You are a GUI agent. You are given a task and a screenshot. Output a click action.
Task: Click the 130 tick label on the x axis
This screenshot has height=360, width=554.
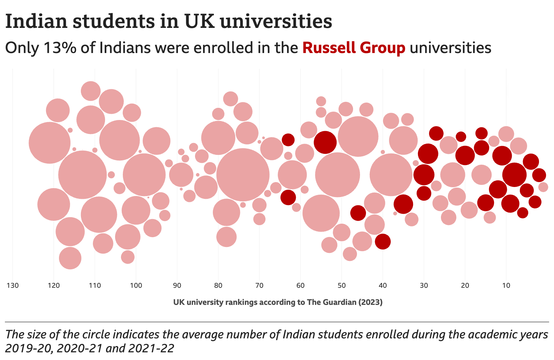click(x=13, y=285)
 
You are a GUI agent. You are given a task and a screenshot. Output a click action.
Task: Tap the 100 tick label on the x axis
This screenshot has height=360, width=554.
click(x=136, y=285)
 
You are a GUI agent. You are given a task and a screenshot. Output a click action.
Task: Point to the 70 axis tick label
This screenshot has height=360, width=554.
click(x=259, y=285)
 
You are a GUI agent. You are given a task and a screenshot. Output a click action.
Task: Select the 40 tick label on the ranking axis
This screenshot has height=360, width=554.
click(x=383, y=285)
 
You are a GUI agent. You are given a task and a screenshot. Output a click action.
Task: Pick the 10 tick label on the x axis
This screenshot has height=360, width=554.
click(x=506, y=285)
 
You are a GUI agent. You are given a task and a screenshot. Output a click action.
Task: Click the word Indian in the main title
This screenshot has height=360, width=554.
click(x=36, y=22)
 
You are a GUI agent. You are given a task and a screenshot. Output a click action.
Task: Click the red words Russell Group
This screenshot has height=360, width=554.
click(x=354, y=48)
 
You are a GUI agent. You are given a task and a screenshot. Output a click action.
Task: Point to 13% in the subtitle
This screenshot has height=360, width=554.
click(x=60, y=48)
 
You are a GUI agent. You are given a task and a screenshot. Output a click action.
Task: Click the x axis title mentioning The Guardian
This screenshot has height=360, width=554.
click(x=278, y=302)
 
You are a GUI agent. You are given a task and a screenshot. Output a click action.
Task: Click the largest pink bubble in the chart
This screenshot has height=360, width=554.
click(x=243, y=174)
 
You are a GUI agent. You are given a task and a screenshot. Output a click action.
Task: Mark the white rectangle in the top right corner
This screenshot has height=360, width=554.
click(x=529, y=87)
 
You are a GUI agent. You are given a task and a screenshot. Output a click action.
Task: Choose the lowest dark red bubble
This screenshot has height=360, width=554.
click(x=383, y=241)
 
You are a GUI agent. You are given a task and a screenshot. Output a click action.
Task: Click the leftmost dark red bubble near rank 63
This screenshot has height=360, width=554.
click(x=288, y=140)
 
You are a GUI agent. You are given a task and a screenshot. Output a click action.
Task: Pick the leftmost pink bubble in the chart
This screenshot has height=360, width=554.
click(x=50, y=143)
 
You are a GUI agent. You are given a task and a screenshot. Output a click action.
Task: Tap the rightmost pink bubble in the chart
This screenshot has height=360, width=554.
click(x=543, y=187)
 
